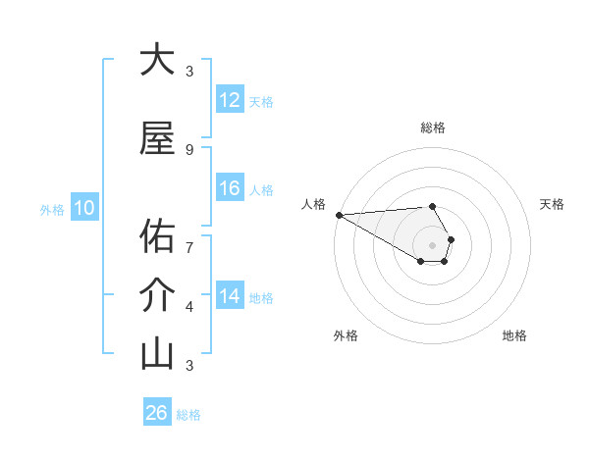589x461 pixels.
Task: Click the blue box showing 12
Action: point(230,100)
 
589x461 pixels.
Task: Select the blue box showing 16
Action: point(230,188)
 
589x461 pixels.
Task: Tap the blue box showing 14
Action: point(230,296)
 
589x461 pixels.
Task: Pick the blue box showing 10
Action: point(84,208)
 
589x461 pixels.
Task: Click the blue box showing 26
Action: point(156,413)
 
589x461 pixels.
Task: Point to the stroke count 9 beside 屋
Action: point(189,149)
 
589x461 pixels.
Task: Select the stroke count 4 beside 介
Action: point(189,307)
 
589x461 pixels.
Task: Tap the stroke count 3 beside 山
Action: point(189,366)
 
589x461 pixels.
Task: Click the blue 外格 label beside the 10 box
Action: point(51,209)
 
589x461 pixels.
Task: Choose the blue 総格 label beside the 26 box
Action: point(188,415)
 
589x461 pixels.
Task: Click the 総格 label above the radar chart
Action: point(432,128)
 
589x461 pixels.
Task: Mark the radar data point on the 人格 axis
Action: point(339,215)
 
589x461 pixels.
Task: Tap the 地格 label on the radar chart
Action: point(514,335)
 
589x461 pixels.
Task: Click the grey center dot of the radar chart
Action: point(432,244)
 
